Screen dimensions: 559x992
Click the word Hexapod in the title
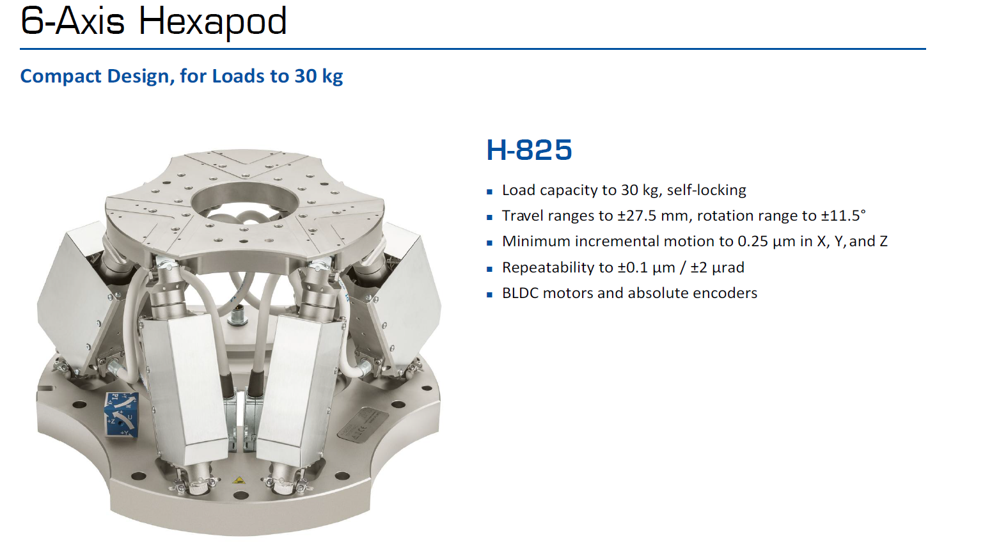click(212, 22)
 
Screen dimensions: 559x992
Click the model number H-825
click(529, 150)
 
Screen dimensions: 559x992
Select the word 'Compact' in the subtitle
click(61, 76)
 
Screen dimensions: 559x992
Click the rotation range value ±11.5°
click(843, 216)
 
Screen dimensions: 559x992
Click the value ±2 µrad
click(717, 267)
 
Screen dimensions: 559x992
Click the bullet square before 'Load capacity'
click(490, 191)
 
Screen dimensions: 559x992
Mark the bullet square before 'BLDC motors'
click(490, 294)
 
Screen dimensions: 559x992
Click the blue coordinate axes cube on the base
click(121, 414)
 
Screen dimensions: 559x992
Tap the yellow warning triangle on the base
click(239, 478)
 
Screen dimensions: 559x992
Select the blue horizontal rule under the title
click(473, 49)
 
